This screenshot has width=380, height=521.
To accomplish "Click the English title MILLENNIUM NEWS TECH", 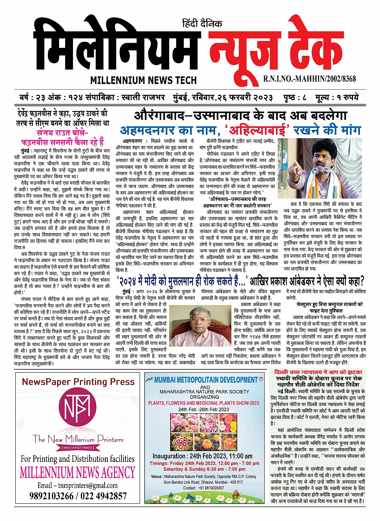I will click(x=144, y=80).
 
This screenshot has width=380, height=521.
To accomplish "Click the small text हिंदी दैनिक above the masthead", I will click(x=202, y=24).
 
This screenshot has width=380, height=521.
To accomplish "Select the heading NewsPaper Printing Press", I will click(x=78, y=382).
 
